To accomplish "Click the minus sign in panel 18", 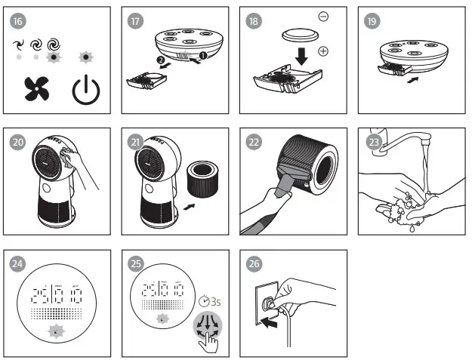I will pos(323,16).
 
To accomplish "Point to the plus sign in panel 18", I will pos(324,51).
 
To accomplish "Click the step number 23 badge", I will pos(372,139).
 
